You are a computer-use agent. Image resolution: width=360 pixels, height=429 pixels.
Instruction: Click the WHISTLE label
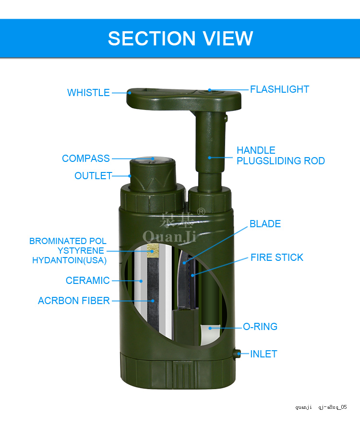(88, 93)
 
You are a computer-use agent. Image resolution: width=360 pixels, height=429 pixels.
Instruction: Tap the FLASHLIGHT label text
(280, 89)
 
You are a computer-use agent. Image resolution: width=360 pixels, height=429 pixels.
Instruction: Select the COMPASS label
(86, 159)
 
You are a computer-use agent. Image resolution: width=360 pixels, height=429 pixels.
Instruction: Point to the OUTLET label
(93, 176)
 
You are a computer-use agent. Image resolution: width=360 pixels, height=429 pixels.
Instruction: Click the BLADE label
(265, 224)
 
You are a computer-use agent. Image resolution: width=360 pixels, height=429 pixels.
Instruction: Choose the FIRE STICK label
(277, 257)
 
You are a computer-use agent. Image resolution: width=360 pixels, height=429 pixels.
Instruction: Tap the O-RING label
(260, 327)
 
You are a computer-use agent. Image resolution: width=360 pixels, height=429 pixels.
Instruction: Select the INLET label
(264, 354)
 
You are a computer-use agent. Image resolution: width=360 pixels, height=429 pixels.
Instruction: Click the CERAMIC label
(88, 281)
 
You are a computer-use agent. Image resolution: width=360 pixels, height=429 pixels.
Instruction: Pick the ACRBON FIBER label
(74, 301)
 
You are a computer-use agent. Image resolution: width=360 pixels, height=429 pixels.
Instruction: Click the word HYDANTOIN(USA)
(70, 260)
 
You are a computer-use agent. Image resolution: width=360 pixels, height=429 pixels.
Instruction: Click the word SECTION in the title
(152, 38)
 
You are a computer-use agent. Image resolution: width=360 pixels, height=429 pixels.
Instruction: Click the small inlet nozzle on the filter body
(237, 354)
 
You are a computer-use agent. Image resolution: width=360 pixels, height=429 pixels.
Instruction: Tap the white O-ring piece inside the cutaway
(210, 334)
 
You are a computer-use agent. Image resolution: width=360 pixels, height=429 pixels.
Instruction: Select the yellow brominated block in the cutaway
(153, 251)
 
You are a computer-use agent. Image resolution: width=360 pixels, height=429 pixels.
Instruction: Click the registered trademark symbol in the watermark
(201, 212)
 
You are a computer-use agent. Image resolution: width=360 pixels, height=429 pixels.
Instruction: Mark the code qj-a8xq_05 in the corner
(333, 407)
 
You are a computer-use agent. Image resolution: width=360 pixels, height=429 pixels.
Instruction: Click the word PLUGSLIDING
(266, 160)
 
